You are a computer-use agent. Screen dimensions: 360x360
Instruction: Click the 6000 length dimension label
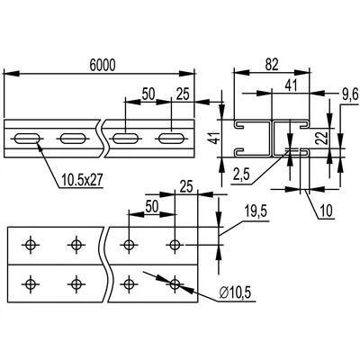click(x=103, y=66)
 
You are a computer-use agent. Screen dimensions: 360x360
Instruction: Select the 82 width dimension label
click(x=272, y=65)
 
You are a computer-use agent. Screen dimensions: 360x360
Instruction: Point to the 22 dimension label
click(x=320, y=139)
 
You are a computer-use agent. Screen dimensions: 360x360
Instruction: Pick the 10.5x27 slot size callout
click(x=82, y=180)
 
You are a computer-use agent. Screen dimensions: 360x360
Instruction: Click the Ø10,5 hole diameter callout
click(x=235, y=293)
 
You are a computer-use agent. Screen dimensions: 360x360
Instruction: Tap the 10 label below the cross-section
click(x=327, y=211)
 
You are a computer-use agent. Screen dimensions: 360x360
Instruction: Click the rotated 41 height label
click(x=215, y=139)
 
